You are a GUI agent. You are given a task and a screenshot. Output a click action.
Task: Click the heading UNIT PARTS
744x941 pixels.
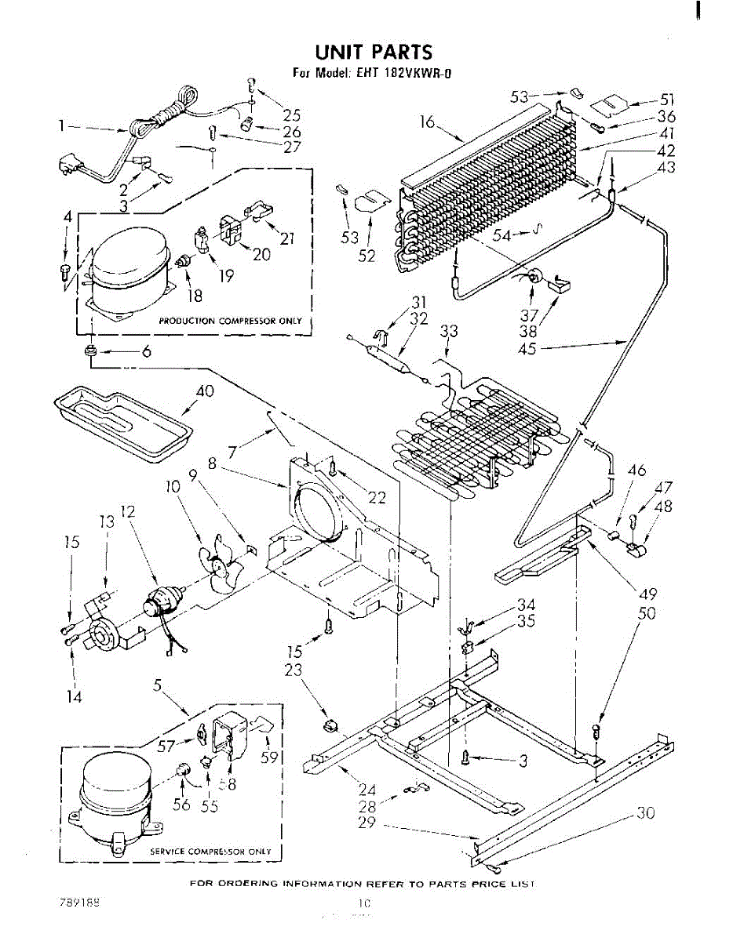pos(373,53)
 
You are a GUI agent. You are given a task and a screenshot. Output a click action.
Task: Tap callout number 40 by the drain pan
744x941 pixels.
pos(205,392)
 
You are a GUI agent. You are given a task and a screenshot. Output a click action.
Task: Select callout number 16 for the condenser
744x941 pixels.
pos(427,123)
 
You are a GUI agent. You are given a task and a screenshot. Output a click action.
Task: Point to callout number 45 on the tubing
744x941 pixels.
pos(527,349)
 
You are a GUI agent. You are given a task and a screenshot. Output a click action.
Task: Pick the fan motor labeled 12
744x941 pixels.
pos(162,603)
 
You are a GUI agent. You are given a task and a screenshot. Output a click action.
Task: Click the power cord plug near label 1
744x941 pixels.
pos(71,168)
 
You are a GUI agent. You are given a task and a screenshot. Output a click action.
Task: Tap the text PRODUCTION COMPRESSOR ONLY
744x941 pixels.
pos(230,322)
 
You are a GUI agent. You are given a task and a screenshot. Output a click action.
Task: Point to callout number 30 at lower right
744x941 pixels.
pos(645,814)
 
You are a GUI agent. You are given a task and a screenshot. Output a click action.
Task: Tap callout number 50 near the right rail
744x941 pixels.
pos(646,613)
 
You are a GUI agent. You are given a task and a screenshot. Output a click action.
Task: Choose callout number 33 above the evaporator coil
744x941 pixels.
pos(448,332)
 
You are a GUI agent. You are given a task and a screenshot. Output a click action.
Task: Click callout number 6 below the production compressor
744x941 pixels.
pos(146,352)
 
